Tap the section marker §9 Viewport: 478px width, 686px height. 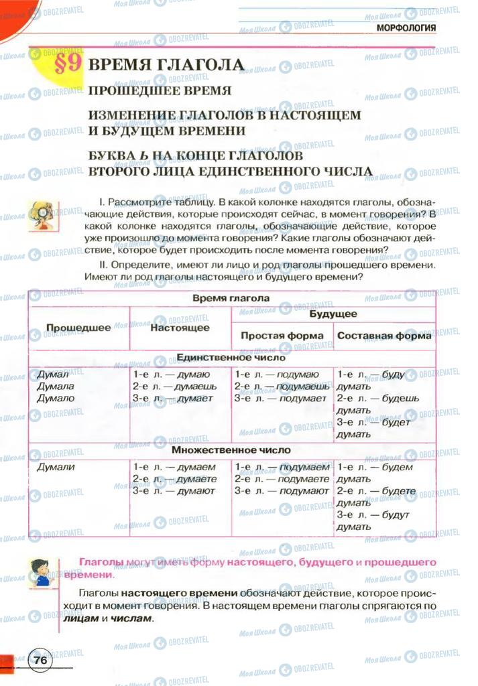[67, 66]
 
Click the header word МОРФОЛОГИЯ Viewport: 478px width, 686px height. [406, 27]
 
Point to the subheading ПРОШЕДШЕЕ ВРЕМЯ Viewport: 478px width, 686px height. [160, 90]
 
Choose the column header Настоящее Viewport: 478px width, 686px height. [180, 328]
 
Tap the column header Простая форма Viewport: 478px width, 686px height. [282, 336]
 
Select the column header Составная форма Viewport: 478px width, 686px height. [384, 336]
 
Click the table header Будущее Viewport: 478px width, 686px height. [333, 314]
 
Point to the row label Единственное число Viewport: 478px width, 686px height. [231, 358]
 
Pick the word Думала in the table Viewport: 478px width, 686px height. [56, 387]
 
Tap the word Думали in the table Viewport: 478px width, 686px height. [56, 467]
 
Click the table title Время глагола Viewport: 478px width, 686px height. [231, 298]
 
